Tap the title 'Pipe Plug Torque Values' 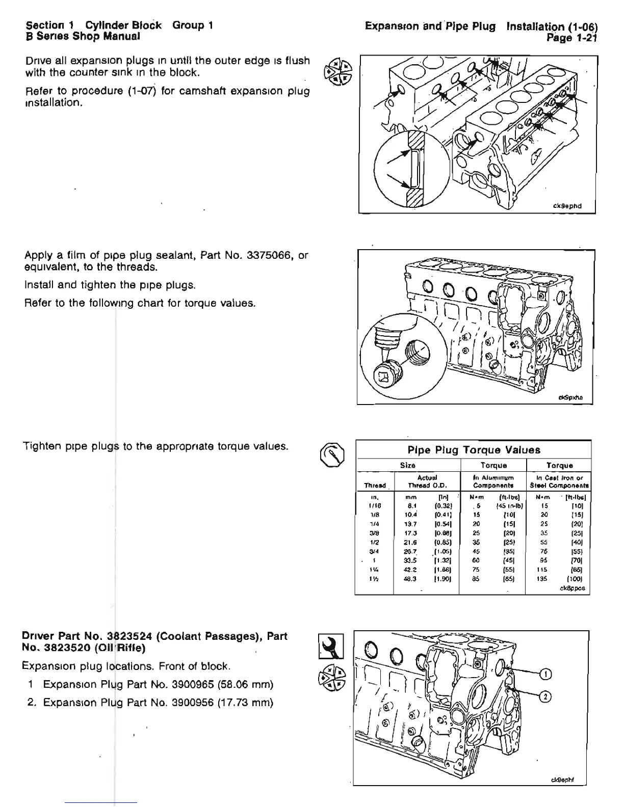(474, 450)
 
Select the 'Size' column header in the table (408, 465)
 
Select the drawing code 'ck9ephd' (566, 206)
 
